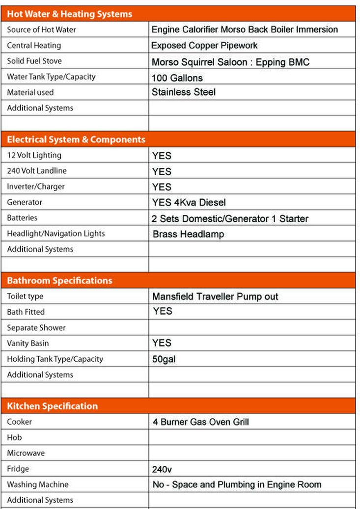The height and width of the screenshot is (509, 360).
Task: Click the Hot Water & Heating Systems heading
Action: [69, 14]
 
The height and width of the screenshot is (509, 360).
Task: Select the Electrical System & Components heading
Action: [76, 139]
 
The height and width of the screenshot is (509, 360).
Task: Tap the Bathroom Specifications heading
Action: [59, 281]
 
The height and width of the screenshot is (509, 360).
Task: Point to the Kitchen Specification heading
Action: [52, 406]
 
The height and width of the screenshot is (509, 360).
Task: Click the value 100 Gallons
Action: [177, 78]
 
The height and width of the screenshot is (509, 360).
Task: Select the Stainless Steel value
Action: [183, 92]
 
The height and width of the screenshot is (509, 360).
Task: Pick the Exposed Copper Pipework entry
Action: [204, 46]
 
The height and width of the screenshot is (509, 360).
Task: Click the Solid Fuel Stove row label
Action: [34, 61]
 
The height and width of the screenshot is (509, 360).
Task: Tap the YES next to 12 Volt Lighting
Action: [162, 156]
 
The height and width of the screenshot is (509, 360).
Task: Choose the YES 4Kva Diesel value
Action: [189, 202]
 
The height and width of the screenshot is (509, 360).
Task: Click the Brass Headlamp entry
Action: [188, 234]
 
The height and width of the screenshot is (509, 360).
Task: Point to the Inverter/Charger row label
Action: [36, 187]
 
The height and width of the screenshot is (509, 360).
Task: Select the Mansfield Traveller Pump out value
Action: [215, 296]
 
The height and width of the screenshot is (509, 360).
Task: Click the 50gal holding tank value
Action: [164, 359]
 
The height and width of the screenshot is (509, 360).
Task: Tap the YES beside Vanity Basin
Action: [162, 343]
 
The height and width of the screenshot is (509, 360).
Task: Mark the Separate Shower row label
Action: [36, 327]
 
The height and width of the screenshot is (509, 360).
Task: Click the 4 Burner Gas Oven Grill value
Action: [200, 422]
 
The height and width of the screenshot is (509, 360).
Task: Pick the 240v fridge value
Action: [162, 469]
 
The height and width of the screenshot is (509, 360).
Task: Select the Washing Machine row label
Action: [38, 484]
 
